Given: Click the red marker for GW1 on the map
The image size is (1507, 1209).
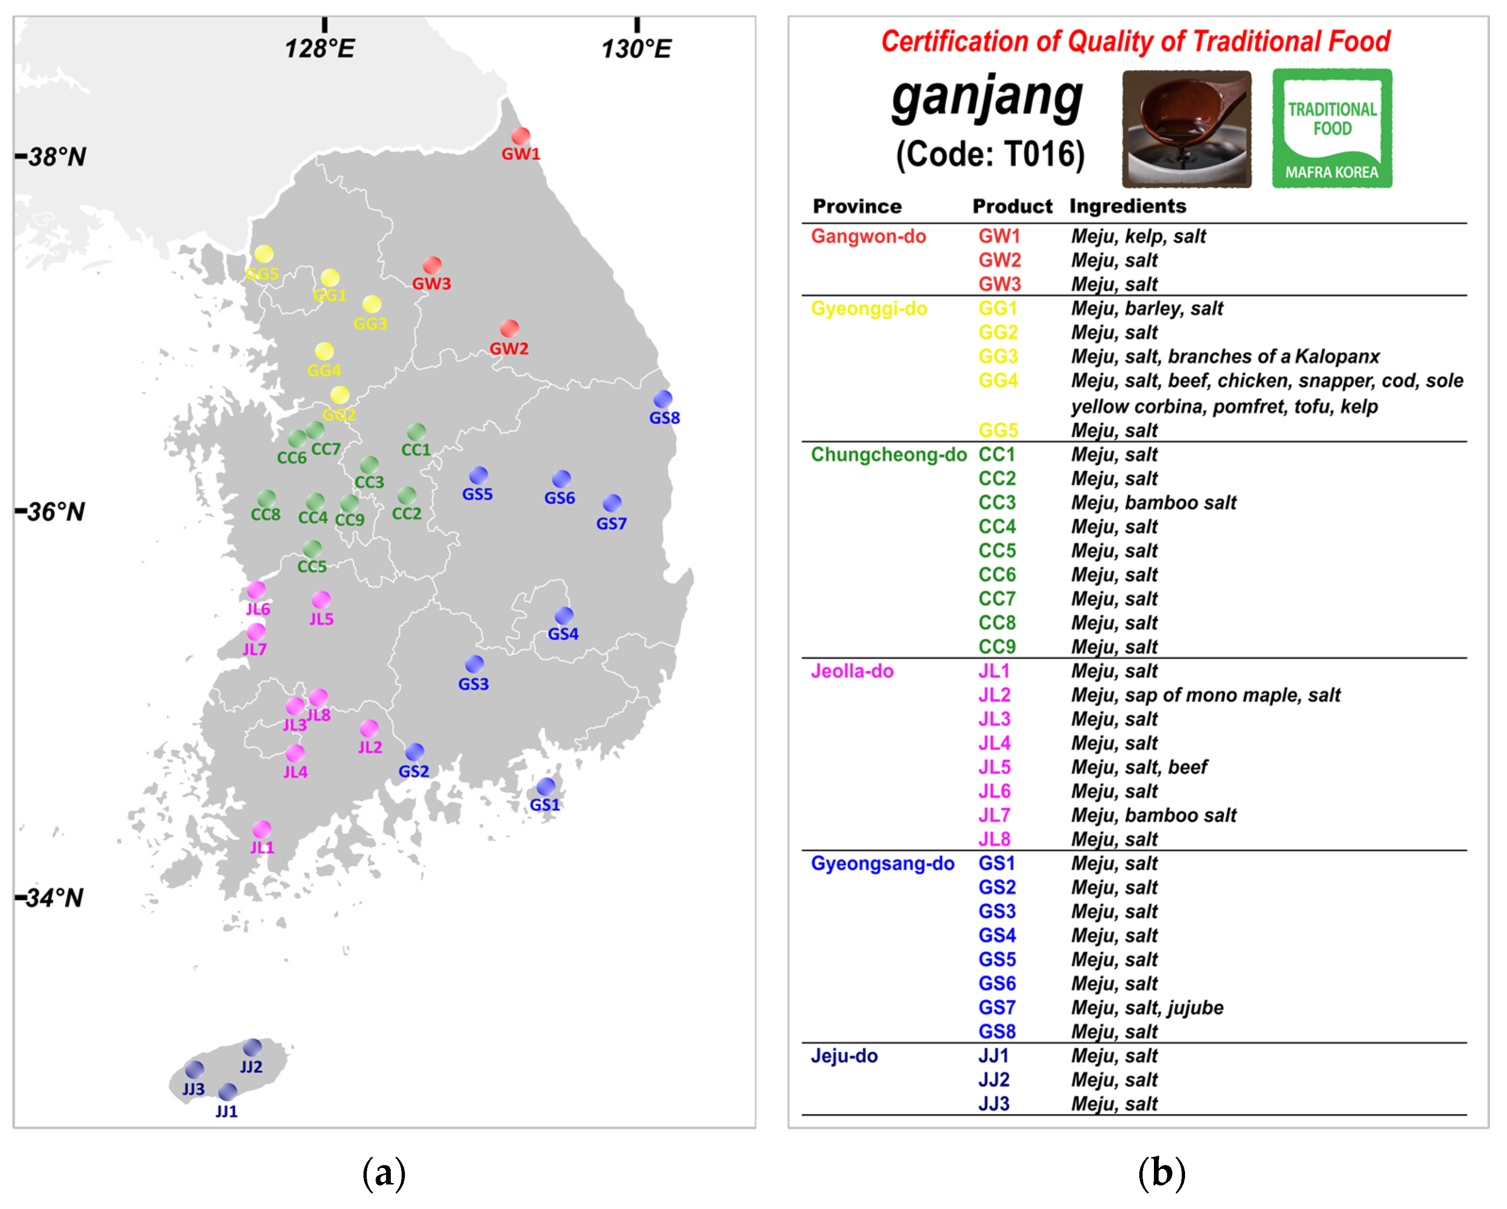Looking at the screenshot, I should pos(520,136).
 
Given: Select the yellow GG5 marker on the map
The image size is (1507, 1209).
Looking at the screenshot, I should pos(264,254).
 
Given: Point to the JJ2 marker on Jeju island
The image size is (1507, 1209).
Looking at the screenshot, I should pos(252,1047).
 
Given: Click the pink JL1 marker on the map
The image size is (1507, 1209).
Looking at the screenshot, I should pos(262,829).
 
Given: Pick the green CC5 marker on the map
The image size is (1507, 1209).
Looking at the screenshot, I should pos(313,549).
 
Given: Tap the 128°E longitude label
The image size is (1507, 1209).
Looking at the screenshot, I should pos(320,48).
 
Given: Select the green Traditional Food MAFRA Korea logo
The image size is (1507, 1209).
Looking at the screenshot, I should pos(1332,128).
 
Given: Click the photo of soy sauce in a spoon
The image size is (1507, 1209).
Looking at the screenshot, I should pos(1186,129).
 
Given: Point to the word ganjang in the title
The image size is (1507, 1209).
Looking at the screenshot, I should pos(987,98).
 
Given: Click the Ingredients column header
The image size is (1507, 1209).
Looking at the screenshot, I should pos(1128,206).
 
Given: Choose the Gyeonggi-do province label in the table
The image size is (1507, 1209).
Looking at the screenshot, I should pos(869,308).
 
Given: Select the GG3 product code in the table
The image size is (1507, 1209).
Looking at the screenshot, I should pos(997,356).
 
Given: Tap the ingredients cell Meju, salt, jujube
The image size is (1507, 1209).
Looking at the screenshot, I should pos(1147,1008).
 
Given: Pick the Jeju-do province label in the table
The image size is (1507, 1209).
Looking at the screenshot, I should pos(844,1056).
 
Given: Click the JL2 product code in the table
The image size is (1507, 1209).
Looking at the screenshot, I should pos(994,695).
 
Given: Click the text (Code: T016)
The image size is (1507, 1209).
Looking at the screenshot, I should pos(990,154).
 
